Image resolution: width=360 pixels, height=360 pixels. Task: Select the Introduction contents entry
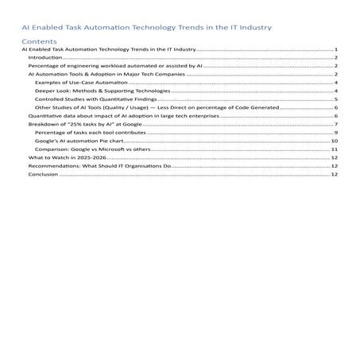tap(45, 57)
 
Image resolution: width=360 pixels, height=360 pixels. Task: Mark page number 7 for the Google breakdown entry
tap(337, 124)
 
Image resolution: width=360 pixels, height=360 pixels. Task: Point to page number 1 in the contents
tap(337, 49)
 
